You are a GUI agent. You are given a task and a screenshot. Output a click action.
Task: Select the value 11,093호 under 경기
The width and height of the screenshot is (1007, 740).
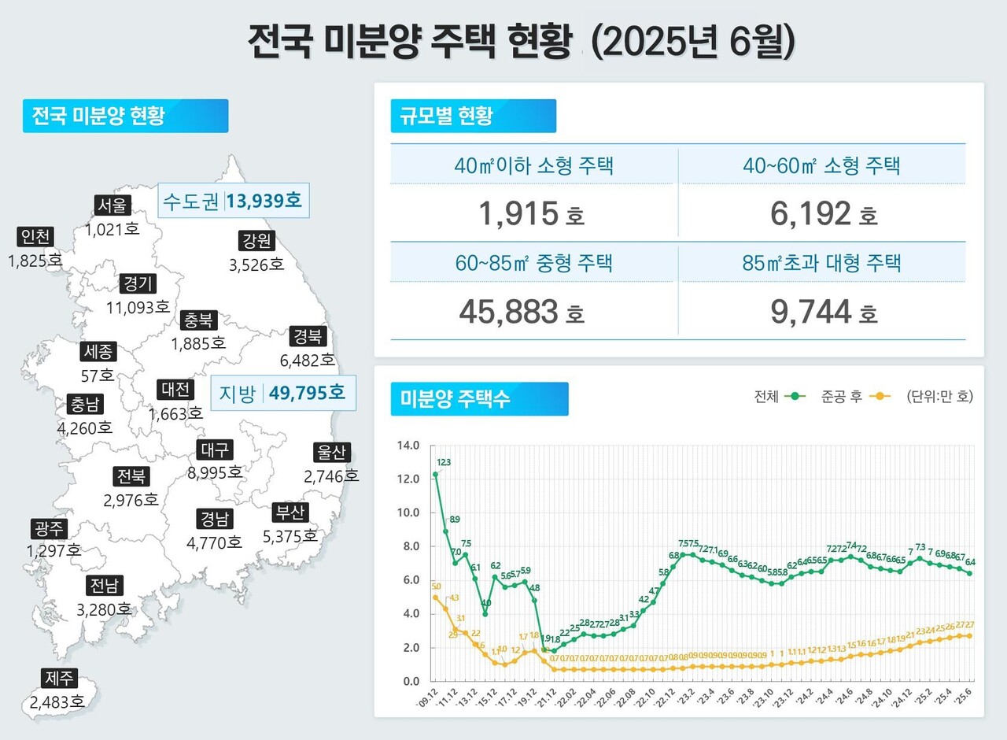(138, 307)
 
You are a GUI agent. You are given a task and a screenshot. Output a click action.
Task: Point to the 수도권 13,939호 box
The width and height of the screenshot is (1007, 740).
(232, 201)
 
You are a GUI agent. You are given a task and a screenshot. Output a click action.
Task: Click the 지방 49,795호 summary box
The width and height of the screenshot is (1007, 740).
(283, 393)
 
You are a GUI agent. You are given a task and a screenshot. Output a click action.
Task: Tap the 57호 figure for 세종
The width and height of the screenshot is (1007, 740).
(98, 375)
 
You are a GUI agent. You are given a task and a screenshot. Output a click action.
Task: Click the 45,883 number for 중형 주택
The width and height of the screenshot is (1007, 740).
(508, 312)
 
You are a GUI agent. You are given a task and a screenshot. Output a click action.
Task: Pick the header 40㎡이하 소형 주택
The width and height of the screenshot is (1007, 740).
(533, 166)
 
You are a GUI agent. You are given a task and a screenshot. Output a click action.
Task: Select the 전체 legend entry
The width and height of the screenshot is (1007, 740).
(780, 397)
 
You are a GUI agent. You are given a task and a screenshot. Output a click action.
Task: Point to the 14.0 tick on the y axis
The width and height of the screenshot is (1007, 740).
(410, 446)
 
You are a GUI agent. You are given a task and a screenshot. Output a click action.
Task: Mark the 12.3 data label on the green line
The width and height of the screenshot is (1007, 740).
(443, 463)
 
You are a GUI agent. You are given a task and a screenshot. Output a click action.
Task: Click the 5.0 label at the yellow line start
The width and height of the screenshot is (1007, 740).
(437, 586)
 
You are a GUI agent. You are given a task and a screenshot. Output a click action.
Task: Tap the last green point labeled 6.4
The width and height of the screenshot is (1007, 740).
(969, 573)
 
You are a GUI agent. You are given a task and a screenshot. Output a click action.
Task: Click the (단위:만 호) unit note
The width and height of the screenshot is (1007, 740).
(939, 397)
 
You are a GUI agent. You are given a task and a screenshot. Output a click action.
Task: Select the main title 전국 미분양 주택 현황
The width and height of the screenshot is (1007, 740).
(408, 42)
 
